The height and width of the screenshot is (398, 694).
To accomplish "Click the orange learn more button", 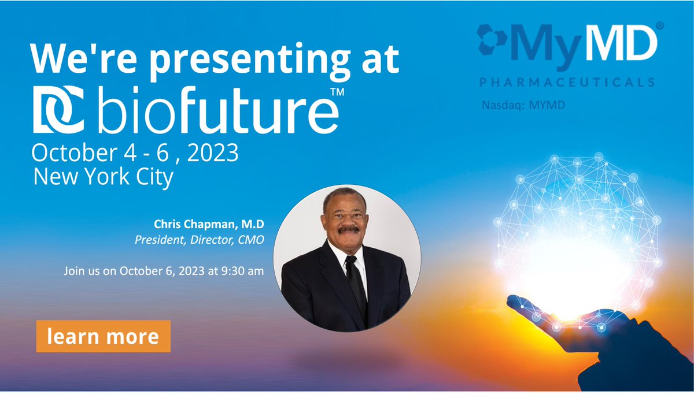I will [103, 336].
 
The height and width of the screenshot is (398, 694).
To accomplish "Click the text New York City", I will [104, 177].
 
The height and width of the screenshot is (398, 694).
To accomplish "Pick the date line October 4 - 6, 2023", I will [135, 153].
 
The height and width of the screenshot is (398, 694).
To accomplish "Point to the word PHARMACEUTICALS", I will [566, 82].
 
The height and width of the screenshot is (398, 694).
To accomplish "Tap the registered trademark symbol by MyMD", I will [660, 26].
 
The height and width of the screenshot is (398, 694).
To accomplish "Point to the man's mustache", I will [349, 229].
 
